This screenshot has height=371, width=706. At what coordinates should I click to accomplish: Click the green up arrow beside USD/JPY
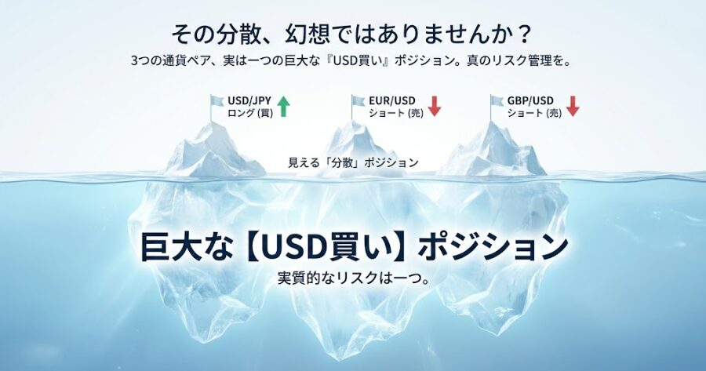coord(283,107)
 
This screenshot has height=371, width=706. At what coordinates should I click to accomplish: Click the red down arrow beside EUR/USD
coord(434,107)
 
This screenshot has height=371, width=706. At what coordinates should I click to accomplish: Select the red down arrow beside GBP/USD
coord(573,107)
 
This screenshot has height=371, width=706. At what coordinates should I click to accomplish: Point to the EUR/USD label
coord(392,101)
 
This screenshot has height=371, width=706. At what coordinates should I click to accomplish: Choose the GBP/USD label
coord(531,101)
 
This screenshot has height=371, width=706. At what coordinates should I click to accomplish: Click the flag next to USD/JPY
coord(217,101)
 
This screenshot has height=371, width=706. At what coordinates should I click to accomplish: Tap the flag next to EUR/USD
coord(359,101)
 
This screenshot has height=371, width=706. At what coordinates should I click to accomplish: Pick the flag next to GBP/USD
coord(497,101)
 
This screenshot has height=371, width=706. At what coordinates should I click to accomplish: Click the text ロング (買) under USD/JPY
coord(249,114)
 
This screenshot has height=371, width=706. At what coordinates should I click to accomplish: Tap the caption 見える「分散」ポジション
coord(353,162)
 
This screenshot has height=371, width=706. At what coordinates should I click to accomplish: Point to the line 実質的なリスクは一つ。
coord(353,278)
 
